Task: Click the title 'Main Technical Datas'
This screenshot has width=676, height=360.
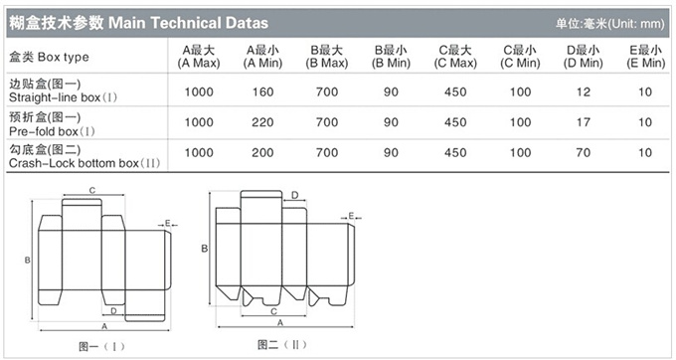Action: (189, 23)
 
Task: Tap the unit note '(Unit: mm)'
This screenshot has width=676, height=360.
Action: (636, 24)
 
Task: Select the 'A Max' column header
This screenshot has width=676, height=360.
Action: (199, 57)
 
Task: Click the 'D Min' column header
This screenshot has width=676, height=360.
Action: (584, 57)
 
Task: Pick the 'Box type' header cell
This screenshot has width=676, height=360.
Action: (49, 57)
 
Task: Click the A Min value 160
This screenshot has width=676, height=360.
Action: (263, 91)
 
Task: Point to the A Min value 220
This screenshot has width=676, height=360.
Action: (263, 122)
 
